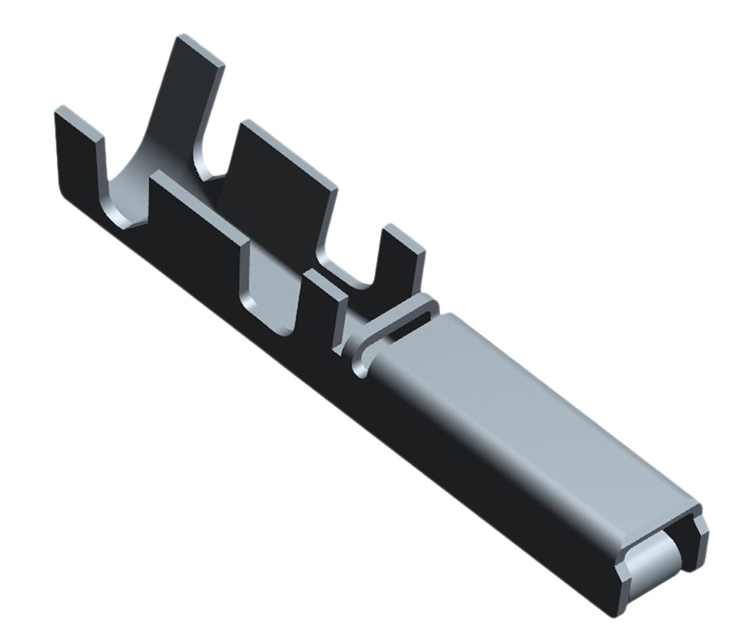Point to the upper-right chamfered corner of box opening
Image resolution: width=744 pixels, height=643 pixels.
(x=702, y=527)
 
